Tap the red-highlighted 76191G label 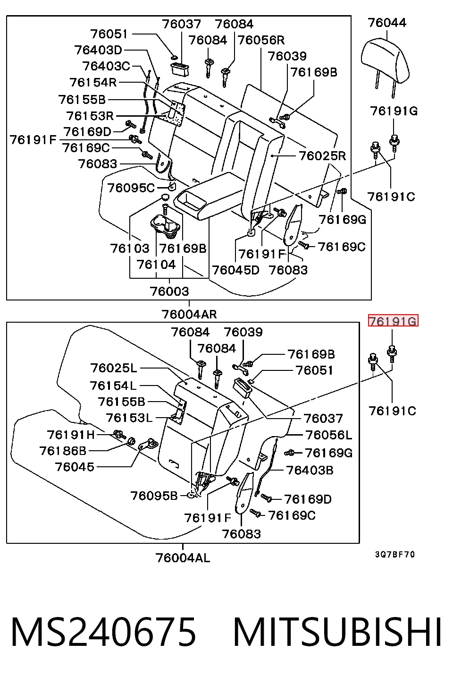tap(393, 321)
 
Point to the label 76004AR tap(189, 314)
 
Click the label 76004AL tap(183, 557)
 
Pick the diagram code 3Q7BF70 tap(395, 555)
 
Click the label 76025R tap(322, 156)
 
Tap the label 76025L tap(113, 368)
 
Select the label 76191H tap(71, 435)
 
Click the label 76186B tap(63, 451)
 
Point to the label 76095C tap(131, 188)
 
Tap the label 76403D tap(98, 50)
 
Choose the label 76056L tap(329, 435)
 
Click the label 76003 tap(169, 291)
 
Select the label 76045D tap(235, 270)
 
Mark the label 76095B tap(154, 496)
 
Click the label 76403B tap(310, 470)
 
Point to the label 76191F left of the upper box tap(33, 140)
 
